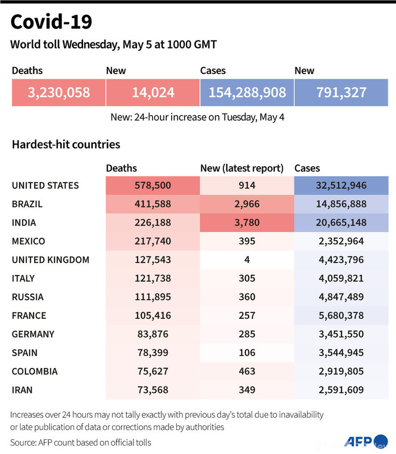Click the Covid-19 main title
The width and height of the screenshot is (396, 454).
51,22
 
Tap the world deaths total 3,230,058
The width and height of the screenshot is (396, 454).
59,92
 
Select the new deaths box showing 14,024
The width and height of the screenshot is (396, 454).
153,92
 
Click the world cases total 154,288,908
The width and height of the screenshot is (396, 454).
247,92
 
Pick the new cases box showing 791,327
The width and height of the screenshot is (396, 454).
341,92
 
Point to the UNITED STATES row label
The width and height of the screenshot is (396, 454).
45,186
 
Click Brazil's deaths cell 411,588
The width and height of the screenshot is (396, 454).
153,204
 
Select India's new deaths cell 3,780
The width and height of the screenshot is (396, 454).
247,223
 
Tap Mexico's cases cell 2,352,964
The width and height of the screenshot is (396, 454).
341,241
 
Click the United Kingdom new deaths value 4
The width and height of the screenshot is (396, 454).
247,260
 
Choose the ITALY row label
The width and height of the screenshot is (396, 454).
23,278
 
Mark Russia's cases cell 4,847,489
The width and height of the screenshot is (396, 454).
341,297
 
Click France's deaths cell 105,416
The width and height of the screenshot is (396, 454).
153,315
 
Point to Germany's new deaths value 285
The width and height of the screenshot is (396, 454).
247,334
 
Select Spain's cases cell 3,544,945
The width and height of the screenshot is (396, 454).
341,352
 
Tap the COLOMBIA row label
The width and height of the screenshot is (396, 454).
34,371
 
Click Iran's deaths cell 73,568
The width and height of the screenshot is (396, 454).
153,390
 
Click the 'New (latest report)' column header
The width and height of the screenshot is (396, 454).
242,168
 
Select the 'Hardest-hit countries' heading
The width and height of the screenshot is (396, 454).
66,144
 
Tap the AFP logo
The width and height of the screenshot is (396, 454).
359,441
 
